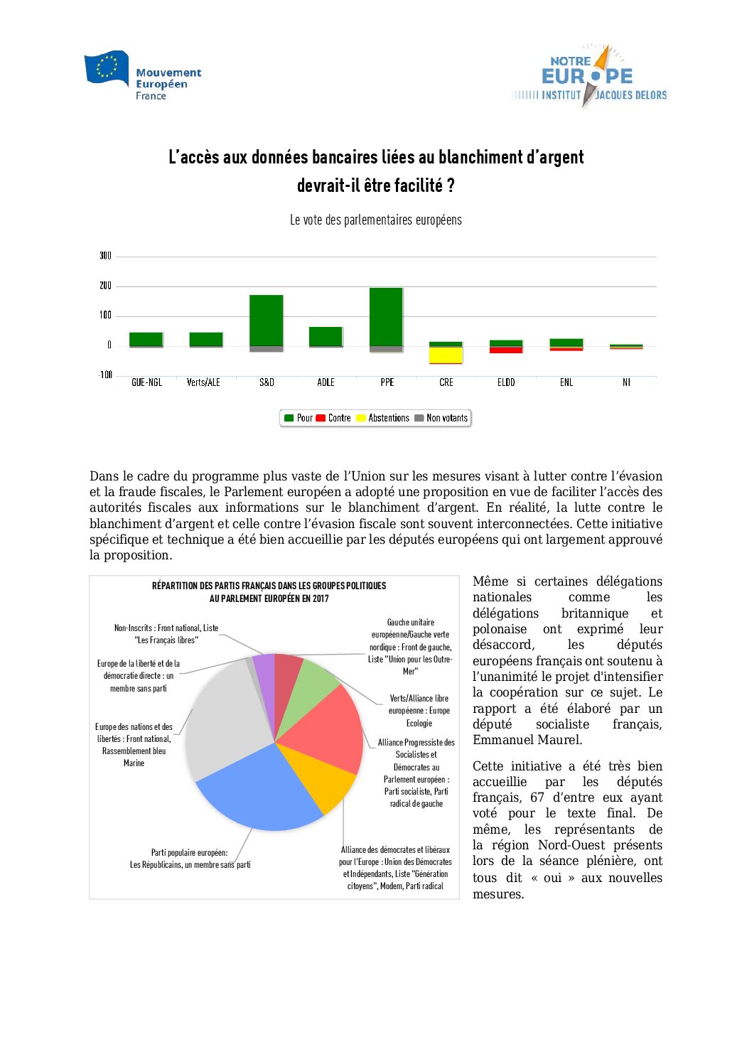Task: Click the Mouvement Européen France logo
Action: pos(142,75)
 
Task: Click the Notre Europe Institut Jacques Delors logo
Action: pos(589,76)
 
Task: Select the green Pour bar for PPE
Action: pos(386,316)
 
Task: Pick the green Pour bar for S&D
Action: pos(267,320)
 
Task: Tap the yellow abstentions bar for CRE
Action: pos(446,355)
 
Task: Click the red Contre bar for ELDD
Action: pos(506,350)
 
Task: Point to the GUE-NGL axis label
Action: pos(146,382)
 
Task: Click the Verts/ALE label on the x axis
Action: pos(203,382)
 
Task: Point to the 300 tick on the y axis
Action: pos(105,256)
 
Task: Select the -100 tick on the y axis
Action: pos(105,375)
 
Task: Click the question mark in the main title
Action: pos(450,186)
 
